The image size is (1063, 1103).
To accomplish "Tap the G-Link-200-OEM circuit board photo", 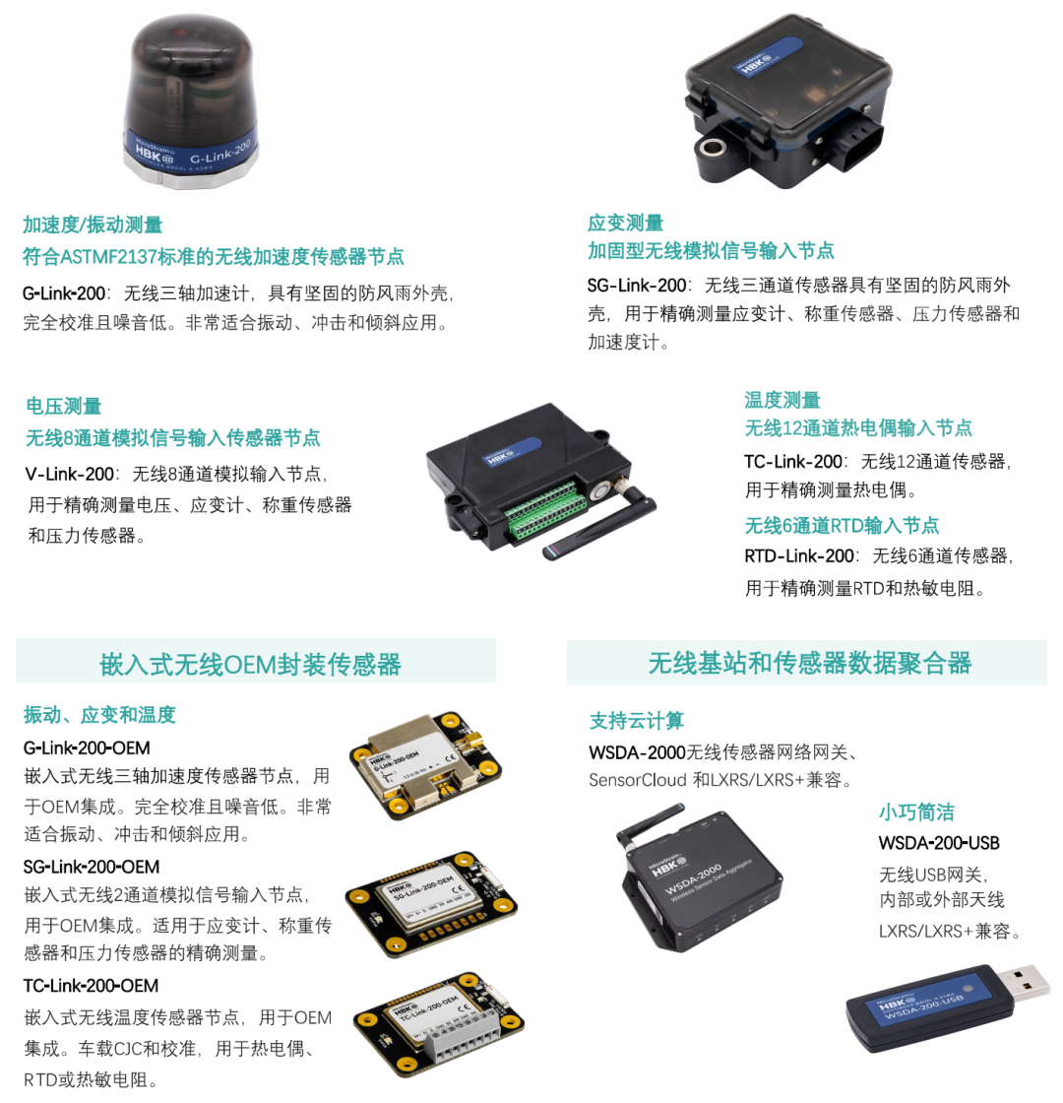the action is tap(427, 765).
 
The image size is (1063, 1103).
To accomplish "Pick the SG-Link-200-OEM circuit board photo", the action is tap(431, 903).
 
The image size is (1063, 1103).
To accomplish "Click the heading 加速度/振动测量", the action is tap(93, 226).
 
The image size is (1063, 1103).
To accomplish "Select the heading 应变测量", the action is tap(626, 223).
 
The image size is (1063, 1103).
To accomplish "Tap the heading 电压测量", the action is tap(64, 406).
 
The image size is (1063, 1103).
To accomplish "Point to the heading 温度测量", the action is tap(782, 400).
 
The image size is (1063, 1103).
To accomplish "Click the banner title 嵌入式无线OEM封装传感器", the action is tap(250, 664).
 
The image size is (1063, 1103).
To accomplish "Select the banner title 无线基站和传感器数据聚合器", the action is tap(809, 663).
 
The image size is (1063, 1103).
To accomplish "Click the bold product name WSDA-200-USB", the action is tap(939, 843).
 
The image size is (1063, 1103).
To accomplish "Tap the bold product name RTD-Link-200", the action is tap(799, 555).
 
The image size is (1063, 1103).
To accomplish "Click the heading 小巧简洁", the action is tap(916, 812).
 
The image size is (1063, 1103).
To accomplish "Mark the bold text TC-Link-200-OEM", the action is tap(92, 986).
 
